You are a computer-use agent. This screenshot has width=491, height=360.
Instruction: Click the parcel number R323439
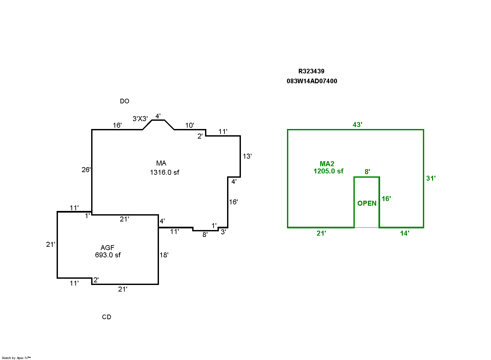[x=311, y=71]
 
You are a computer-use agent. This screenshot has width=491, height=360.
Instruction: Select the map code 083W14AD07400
[x=312, y=81]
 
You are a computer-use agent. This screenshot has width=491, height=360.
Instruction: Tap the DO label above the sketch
[x=124, y=101]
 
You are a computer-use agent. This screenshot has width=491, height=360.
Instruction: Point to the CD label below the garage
[x=107, y=317]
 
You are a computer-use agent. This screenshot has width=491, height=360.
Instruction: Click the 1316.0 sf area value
[x=165, y=172]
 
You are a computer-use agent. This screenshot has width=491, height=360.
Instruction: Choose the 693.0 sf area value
[x=108, y=255]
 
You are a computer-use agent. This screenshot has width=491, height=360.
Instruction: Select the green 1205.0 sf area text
[x=328, y=171]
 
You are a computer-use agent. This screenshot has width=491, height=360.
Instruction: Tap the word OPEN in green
[x=367, y=203]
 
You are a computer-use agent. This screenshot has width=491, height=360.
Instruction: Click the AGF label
[x=108, y=248]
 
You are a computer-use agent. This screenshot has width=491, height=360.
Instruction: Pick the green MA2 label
[x=327, y=164]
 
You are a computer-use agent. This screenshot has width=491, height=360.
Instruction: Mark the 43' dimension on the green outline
[x=357, y=124]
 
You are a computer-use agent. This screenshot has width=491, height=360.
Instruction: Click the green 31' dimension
[x=431, y=178]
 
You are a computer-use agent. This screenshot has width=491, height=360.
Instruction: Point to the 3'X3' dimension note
[x=140, y=119]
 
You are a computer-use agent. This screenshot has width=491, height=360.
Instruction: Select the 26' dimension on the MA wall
[x=86, y=170]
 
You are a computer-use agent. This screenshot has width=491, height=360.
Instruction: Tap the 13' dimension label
[x=247, y=156]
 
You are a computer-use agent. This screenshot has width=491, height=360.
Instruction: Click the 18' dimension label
[x=164, y=255]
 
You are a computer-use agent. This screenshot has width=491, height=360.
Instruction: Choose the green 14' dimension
[x=404, y=233]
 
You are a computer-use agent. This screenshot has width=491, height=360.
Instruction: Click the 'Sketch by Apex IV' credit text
[x=16, y=358]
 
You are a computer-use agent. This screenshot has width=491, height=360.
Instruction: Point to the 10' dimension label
[x=190, y=125]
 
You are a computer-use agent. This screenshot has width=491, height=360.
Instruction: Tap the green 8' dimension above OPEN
[x=367, y=172]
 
